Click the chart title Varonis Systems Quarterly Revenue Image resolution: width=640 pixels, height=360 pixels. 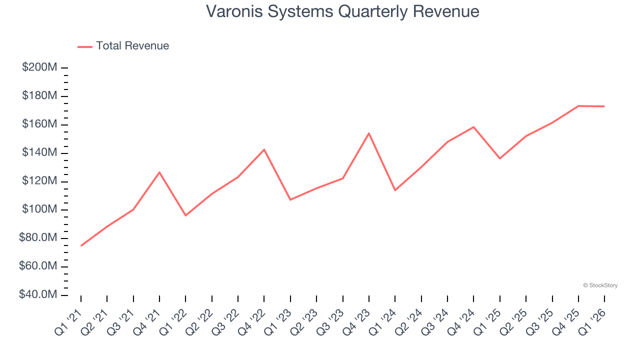342,11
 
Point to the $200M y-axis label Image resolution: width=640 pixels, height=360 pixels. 39,67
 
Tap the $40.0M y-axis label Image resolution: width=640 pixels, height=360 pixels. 38,295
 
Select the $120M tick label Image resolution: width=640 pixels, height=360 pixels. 39,181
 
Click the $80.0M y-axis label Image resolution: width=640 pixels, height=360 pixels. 38,238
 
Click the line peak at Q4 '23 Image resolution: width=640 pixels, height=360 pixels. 369,133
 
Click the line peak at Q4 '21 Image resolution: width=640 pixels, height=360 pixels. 159,172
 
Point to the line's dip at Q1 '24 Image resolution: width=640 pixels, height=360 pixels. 395,190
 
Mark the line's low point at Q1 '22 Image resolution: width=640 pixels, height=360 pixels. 185,215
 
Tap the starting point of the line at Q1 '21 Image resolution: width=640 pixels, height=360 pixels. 81,245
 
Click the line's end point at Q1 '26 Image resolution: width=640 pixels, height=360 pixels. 604,106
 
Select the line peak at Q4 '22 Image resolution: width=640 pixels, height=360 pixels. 264,149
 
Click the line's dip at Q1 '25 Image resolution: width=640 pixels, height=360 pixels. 500,158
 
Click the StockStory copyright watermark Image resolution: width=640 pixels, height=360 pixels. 600,285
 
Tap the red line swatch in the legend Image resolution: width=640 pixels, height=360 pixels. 85,46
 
